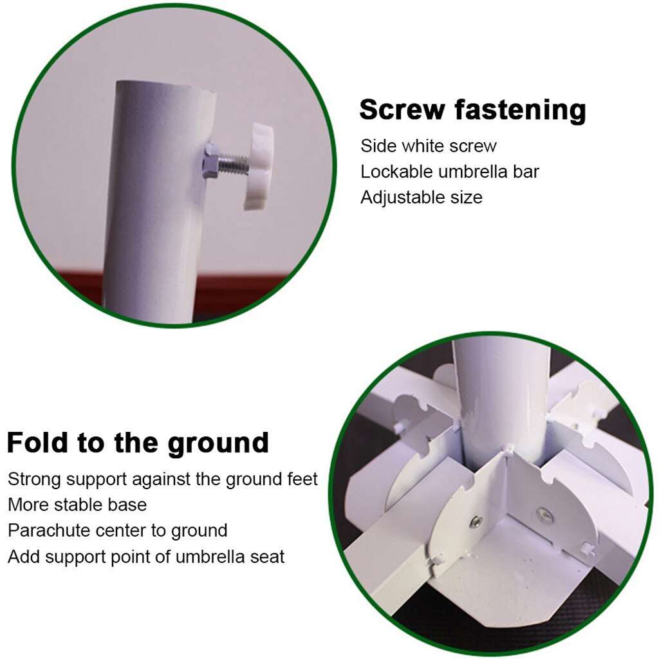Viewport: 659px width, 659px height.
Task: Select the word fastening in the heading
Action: [x=519, y=111]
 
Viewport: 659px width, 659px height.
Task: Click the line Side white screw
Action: [x=429, y=145]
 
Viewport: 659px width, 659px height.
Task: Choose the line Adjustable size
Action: [x=421, y=197]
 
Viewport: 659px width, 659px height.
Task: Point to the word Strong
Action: [x=35, y=479]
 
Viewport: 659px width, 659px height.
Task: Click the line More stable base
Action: [x=77, y=505]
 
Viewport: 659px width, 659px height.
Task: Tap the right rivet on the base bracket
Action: [x=543, y=513]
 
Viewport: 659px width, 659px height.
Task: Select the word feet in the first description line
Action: [x=302, y=479]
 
